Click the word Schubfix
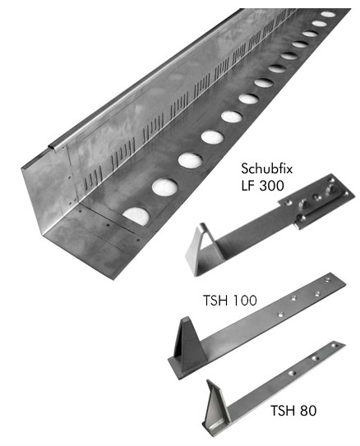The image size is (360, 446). [x=266, y=169]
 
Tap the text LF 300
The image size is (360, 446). [x=262, y=186]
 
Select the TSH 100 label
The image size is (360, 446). [x=229, y=301]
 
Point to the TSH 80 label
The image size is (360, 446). [x=293, y=411]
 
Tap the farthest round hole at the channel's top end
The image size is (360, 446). [x=328, y=14]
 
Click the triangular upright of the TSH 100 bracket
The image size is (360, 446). [x=189, y=344]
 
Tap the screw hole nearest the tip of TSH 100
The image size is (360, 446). [x=328, y=280]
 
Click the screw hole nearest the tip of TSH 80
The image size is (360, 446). [x=335, y=346]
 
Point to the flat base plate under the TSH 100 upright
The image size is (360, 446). [x=185, y=368]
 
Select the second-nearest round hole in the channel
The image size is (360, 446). [x=164, y=187]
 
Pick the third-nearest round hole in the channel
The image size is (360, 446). [x=191, y=160]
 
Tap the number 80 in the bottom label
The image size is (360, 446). [x=307, y=411]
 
